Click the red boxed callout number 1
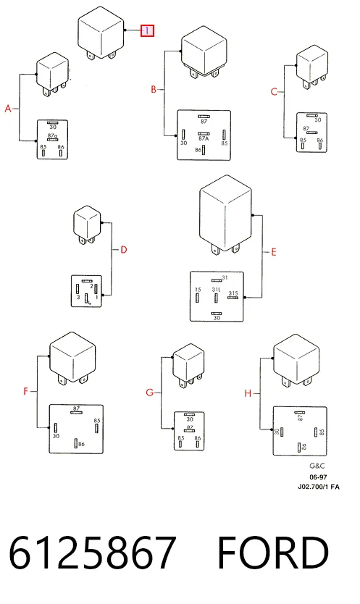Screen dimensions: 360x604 147,31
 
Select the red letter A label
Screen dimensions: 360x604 8,109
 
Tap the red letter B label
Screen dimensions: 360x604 154,90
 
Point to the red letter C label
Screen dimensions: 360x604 274,92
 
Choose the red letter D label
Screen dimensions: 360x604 123,250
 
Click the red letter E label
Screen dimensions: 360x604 274,252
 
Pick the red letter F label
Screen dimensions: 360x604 26,391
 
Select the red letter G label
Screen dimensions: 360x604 149,393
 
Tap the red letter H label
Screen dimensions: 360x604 248,393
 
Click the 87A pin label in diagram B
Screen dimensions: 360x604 204,138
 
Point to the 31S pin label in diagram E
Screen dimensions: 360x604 233,293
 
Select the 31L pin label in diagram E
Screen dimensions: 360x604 217,289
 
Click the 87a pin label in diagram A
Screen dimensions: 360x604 52,135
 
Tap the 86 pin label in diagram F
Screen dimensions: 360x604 81,444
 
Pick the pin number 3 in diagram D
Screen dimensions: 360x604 78,297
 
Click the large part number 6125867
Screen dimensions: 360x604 92,553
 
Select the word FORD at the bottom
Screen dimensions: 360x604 273,553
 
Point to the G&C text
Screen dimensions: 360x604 317,466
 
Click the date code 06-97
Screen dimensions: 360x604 319,477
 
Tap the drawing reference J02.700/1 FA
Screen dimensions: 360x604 319,487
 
